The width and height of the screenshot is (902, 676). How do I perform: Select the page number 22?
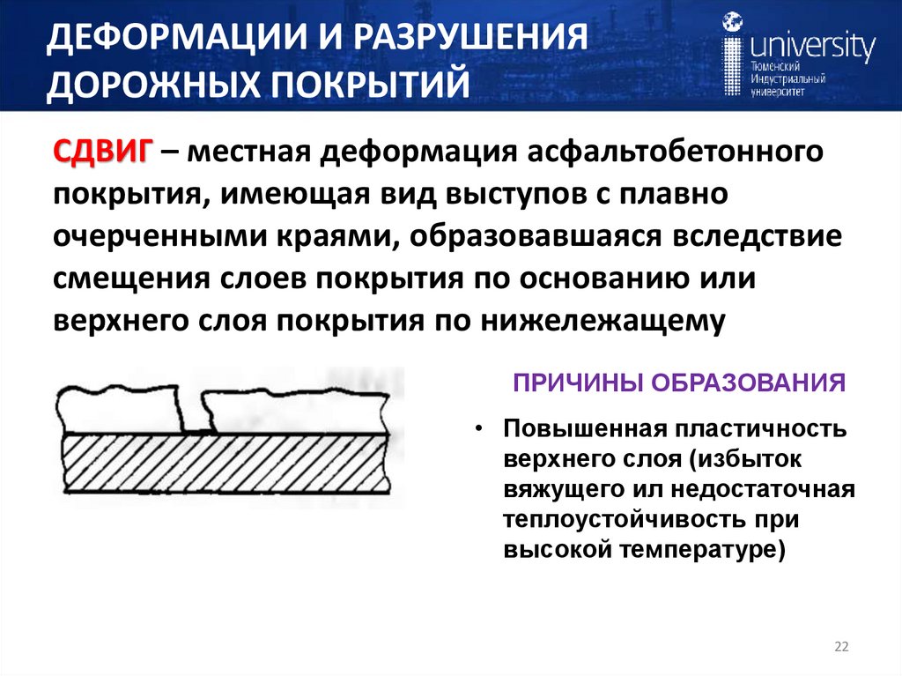pyautogui.click(x=840, y=649)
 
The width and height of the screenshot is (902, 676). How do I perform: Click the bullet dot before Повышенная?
pyautogui.click(x=478, y=427)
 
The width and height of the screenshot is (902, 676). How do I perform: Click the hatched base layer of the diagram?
pyautogui.click(x=225, y=463)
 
